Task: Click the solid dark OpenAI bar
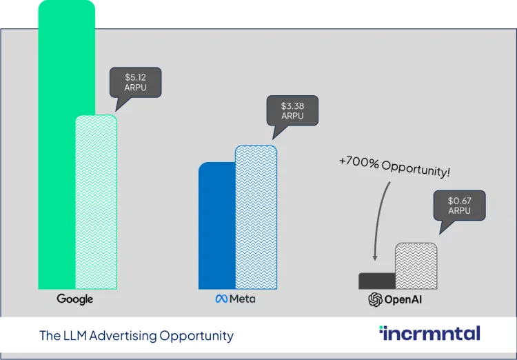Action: (x=377, y=281)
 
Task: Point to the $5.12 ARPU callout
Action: (x=135, y=83)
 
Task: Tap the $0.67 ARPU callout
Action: (x=458, y=206)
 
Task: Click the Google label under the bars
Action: (x=75, y=299)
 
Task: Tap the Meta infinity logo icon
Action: (x=221, y=299)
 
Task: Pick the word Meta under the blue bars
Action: (x=242, y=299)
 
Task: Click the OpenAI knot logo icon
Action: (x=376, y=299)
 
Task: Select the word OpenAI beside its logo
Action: (x=407, y=299)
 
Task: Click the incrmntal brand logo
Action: (x=429, y=334)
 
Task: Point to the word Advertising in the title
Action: (x=124, y=336)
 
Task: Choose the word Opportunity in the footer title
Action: (x=196, y=336)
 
